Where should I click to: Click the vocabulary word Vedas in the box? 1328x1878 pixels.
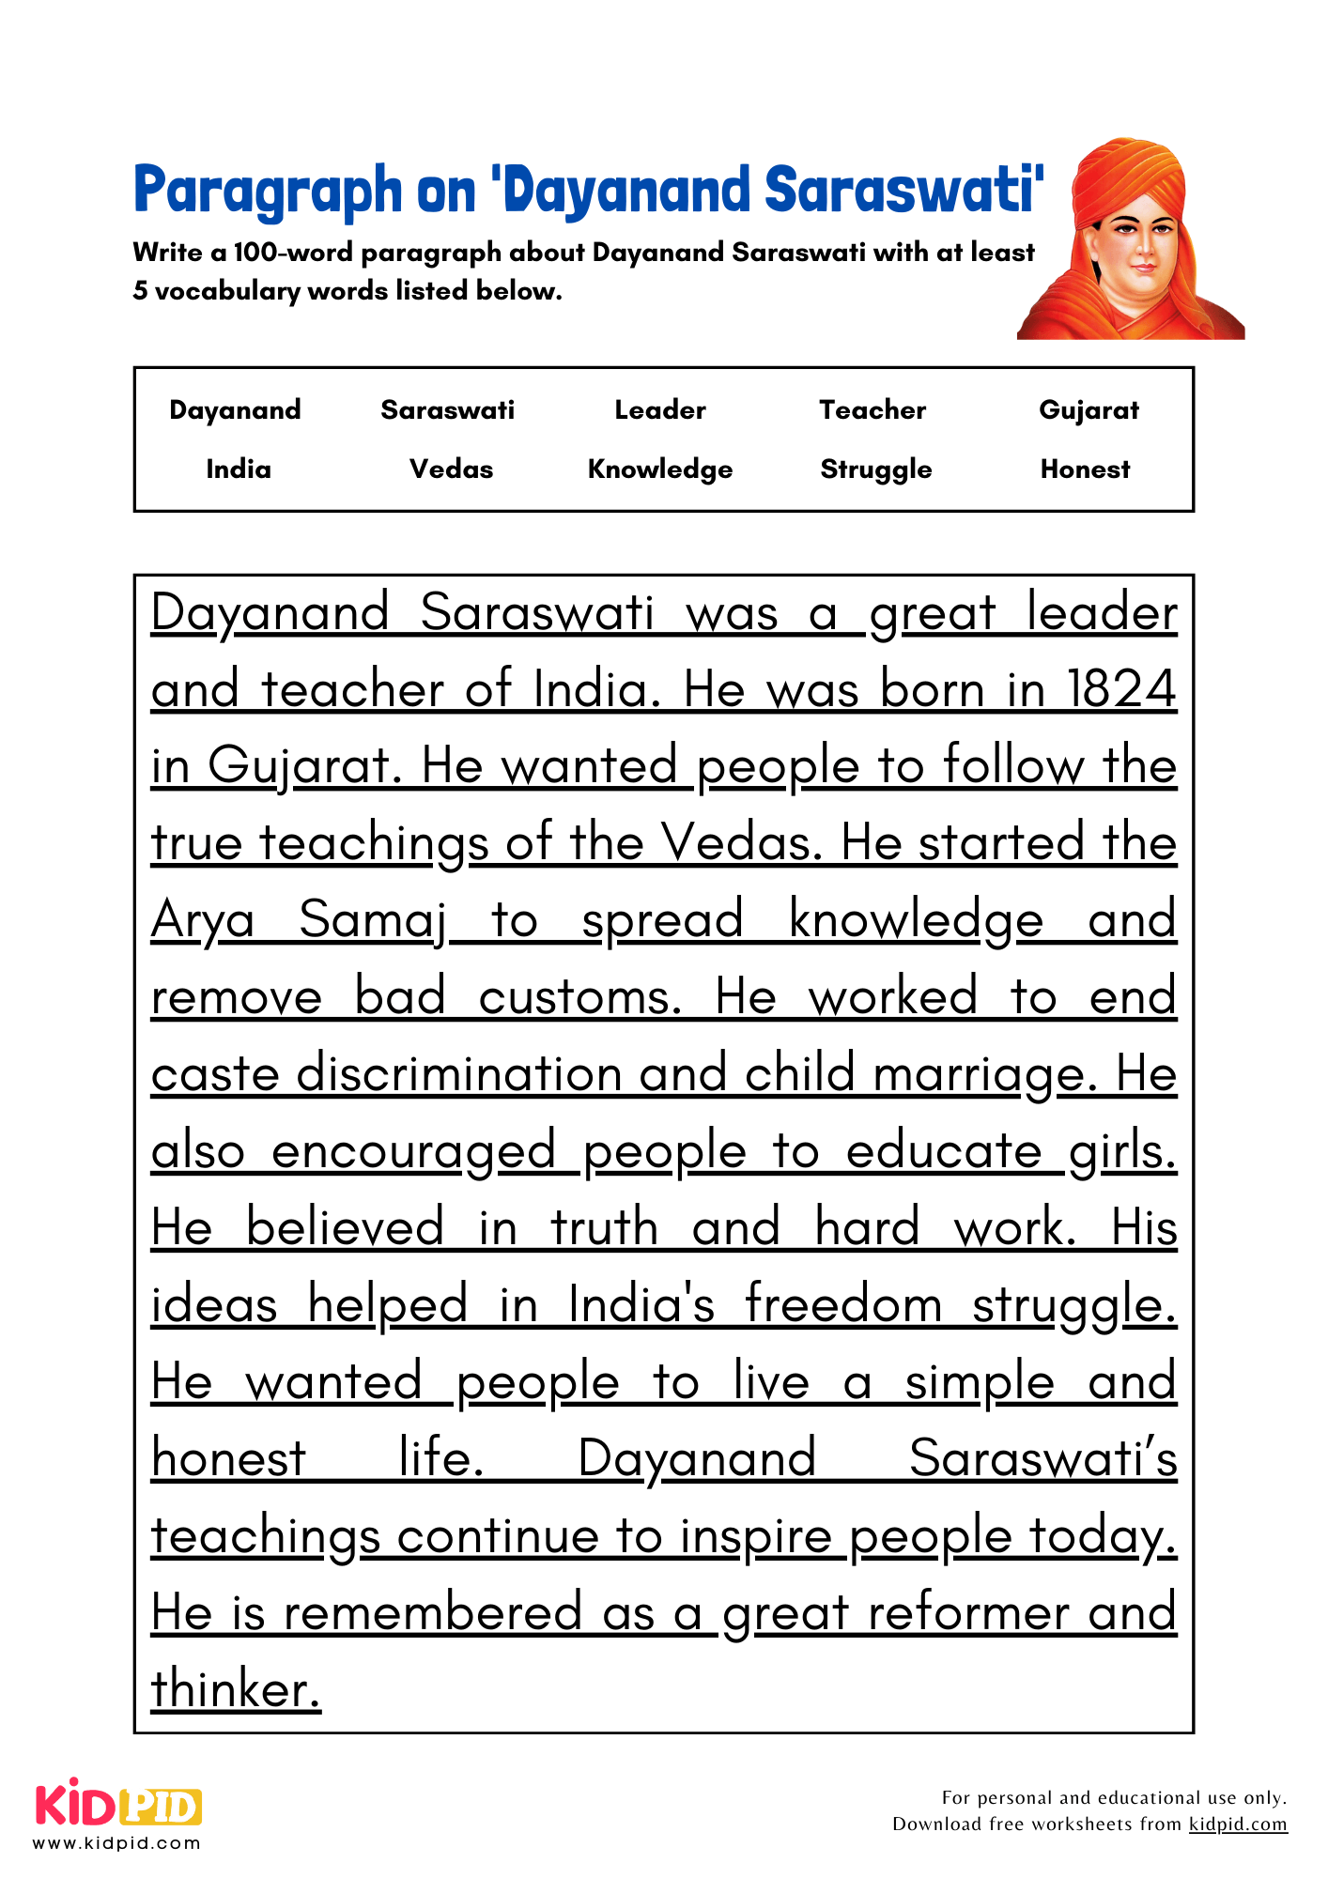tap(451, 469)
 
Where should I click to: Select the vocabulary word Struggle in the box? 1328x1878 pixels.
tap(875, 469)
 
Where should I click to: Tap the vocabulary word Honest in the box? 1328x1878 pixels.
tap(1085, 469)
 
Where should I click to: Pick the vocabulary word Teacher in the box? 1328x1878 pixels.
tap(872, 409)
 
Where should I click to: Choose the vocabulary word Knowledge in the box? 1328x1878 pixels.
tap(660, 469)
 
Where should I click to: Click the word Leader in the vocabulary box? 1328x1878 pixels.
tap(660, 409)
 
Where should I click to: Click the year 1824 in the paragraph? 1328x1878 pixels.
tap(1121, 689)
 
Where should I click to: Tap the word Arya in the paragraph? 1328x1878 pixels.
tap(203, 920)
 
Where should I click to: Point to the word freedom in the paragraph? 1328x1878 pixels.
tap(842, 1304)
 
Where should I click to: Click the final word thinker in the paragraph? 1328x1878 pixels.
tap(236, 1689)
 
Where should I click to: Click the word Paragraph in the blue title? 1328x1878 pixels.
tap(268, 191)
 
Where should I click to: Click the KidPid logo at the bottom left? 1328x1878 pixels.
tap(118, 1805)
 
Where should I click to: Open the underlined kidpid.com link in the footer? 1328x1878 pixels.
tap(1237, 1824)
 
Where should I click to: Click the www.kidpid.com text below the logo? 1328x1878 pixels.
tap(117, 1842)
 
